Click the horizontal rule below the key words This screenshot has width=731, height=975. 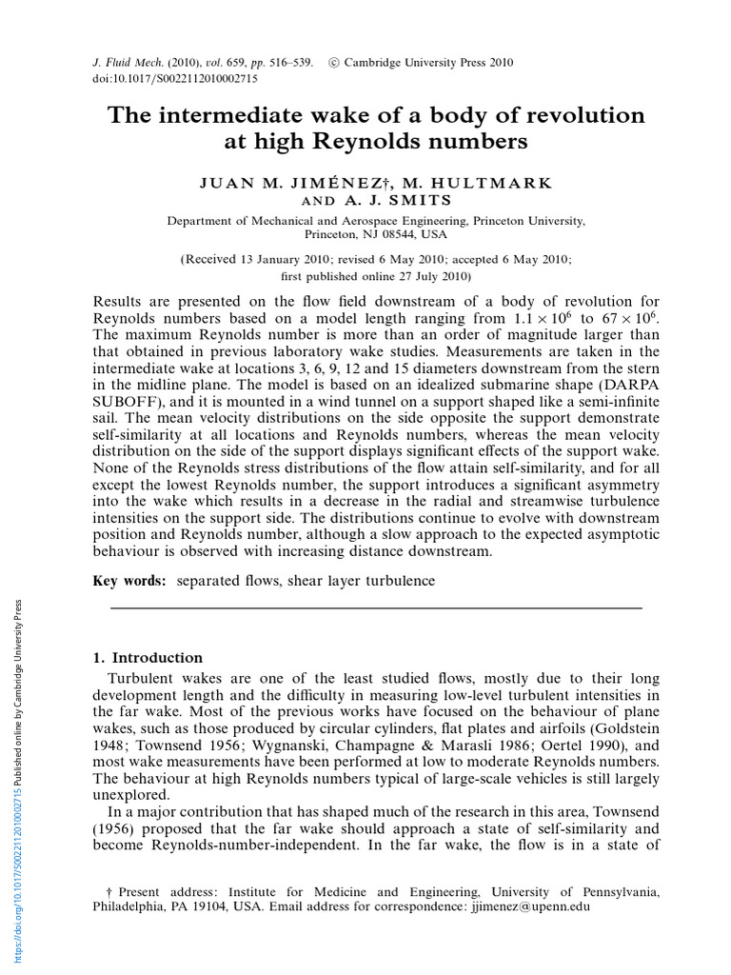(x=377, y=607)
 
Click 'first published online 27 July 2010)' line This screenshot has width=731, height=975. (x=376, y=276)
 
